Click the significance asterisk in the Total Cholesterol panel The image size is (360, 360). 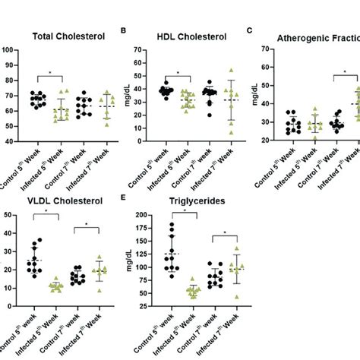click(49, 74)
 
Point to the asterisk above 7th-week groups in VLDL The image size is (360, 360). click(87, 225)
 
